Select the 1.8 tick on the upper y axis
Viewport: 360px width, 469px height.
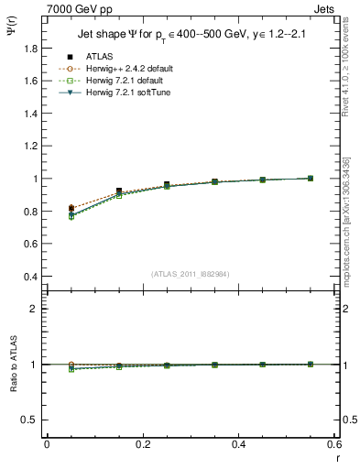pos(32,81)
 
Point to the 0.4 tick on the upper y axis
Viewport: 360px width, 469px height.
pos(32,277)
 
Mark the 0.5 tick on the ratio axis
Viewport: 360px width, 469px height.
pos(32,420)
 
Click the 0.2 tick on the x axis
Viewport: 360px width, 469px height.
pos(142,444)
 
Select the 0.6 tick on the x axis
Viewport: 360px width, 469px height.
pos(333,444)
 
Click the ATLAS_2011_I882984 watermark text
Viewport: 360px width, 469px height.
pos(190,274)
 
